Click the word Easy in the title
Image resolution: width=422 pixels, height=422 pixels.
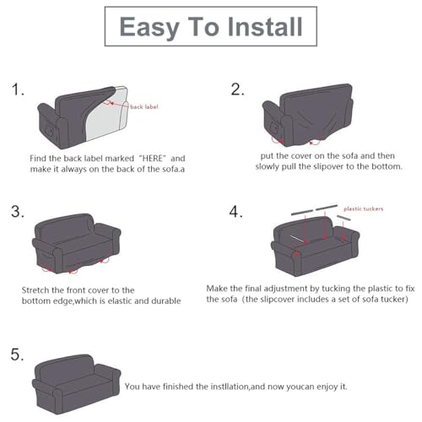click(x=149, y=28)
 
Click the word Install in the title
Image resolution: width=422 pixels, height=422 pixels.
click(x=265, y=26)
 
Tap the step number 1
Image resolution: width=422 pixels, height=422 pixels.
click(x=18, y=89)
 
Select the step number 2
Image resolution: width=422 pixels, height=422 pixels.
click(x=237, y=89)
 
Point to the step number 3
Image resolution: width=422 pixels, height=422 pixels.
click(x=18, y=211)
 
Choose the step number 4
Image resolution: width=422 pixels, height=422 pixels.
click(x=235, y=212)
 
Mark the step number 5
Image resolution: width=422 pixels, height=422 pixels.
click(x=17, y=354)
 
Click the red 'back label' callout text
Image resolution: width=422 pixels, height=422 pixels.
click(x=144, y=106)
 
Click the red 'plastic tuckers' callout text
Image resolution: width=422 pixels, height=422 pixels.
click(x=364, y=208)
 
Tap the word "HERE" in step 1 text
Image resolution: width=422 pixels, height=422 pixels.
click(x=152, y=158)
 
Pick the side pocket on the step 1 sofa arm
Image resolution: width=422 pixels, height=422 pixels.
click(x=51, y=130)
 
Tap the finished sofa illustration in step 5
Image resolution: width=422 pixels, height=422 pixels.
click(x=76, y=384)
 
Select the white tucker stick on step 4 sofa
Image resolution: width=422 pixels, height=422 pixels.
click(x=296, y=239)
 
